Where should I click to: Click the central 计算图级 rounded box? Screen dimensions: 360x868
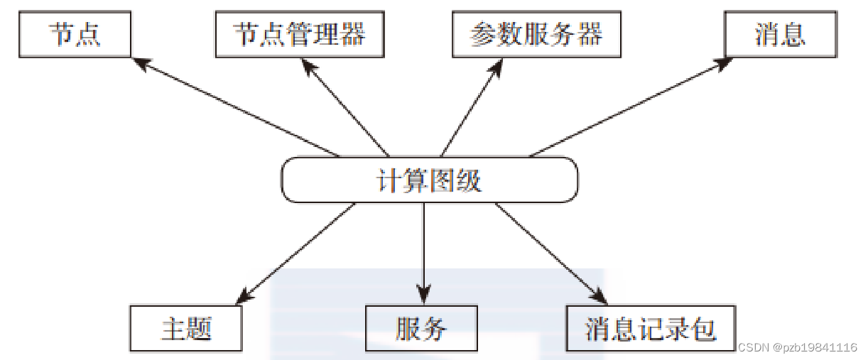[x=429, y=180]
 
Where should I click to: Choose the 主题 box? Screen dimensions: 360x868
[x=186, y=329]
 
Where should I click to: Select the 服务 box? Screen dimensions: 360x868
[x=421, y=329]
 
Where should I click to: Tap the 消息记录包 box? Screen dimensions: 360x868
[x=650, y=329]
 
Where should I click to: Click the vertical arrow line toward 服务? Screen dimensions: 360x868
[x=423, y=245]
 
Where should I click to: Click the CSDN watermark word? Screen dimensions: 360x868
[x=754, y=347]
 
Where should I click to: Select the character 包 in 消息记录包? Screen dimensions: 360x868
[x=703, y=329]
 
